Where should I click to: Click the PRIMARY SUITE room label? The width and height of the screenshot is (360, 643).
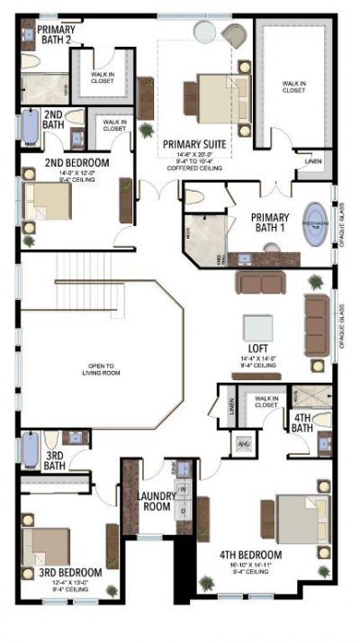193,142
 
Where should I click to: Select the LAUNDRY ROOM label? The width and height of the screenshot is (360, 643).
157,500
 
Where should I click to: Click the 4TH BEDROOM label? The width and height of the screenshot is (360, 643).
251,555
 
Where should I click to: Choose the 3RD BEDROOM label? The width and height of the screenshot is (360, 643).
69,572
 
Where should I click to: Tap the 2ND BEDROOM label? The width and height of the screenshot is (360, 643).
76,163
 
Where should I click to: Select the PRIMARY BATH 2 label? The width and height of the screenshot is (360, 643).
56,35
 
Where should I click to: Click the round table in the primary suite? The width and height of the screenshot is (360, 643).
205,32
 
